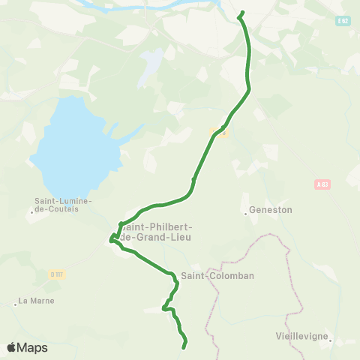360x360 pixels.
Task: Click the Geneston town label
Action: (x=270, y=210)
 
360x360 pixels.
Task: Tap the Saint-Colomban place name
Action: (x=223, y=275)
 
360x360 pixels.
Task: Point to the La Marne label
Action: (x=37, y=301)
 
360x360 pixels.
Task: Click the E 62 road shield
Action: (x=343, y=22)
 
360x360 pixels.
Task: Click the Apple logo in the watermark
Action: (x=13, y=348)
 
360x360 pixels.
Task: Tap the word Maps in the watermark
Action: (x=33, y=348)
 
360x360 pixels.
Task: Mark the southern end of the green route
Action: (x=184, y=347)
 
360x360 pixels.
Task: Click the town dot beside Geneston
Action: (x=245, y=213)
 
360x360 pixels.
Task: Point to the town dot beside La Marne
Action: (x=15, y=304)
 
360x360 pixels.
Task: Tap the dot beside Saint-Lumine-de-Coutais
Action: (x=32, y=212)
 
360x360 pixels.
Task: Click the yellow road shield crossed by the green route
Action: (x=218, y=132)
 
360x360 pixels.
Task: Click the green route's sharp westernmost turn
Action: (x=110, y=240)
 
